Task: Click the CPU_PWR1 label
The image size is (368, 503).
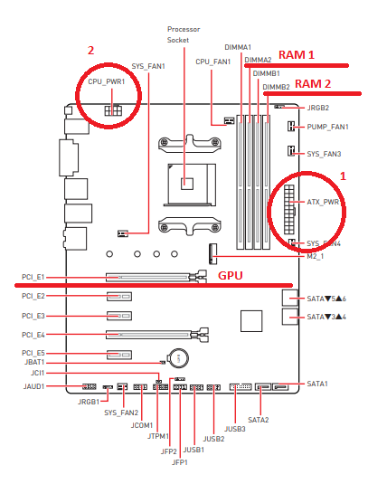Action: pos(107,81)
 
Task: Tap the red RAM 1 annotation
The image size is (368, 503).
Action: pos(297,55)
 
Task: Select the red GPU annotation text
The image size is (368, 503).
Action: pos(231,276)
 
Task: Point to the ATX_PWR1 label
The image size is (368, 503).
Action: pos(323,202)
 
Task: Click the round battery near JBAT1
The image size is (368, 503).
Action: pos(179,357)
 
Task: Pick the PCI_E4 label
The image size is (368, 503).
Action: pos(33,335)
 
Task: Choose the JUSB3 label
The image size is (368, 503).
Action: pos(235,429)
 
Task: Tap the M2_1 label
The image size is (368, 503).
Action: pos(316,257)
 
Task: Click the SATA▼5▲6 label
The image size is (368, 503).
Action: pos(326,299)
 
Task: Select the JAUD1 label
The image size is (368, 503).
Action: pos(33,386)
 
